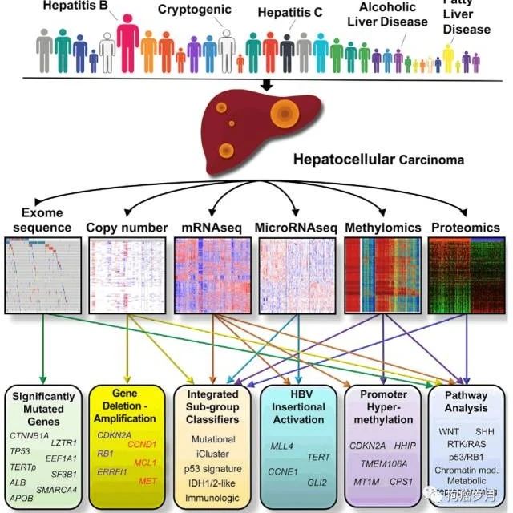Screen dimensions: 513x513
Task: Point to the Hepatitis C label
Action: (x=293, y=13)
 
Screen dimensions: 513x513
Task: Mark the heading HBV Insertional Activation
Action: (x=299, y=407)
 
